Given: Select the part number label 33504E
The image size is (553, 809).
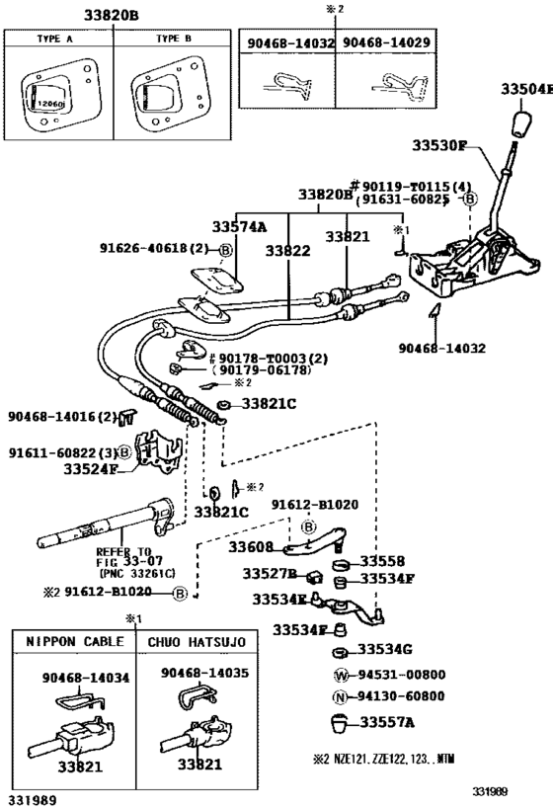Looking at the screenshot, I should click(x=526, y=89).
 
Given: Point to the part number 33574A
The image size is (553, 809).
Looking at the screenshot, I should click(x=239, y=226).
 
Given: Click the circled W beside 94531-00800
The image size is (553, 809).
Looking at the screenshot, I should click(x=341, y=675).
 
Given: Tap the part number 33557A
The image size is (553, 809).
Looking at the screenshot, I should click(x=387, y=723).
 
